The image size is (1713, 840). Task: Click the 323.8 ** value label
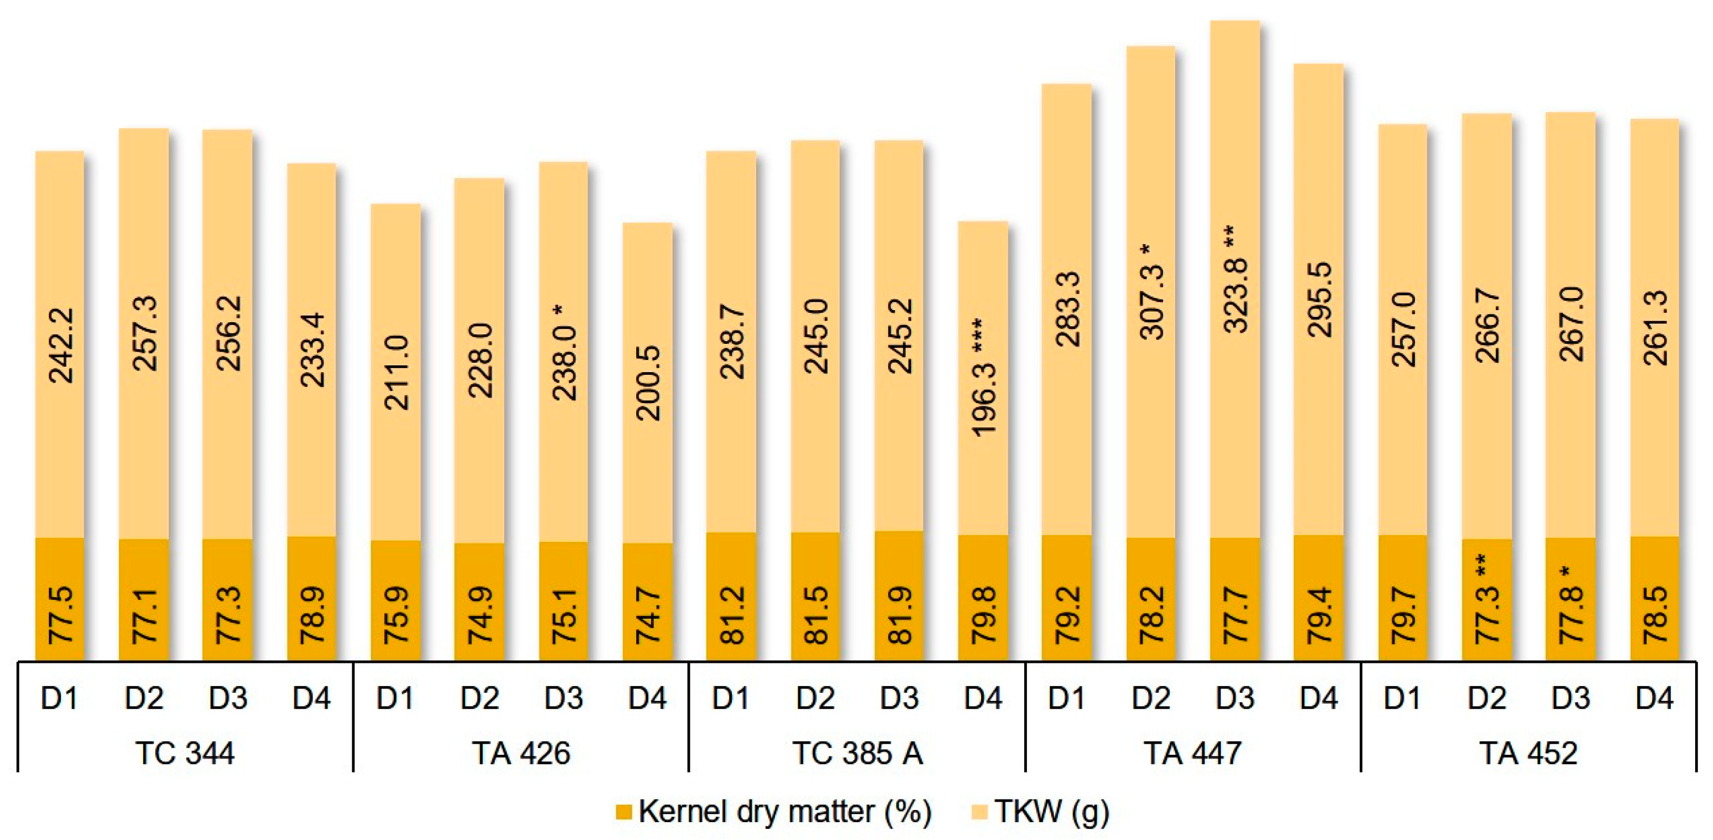pos(1236,279)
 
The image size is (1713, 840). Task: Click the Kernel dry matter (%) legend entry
pos(774,812)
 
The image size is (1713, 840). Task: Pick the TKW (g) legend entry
pos(1041,812)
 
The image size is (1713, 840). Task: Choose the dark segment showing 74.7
pos(648,602)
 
